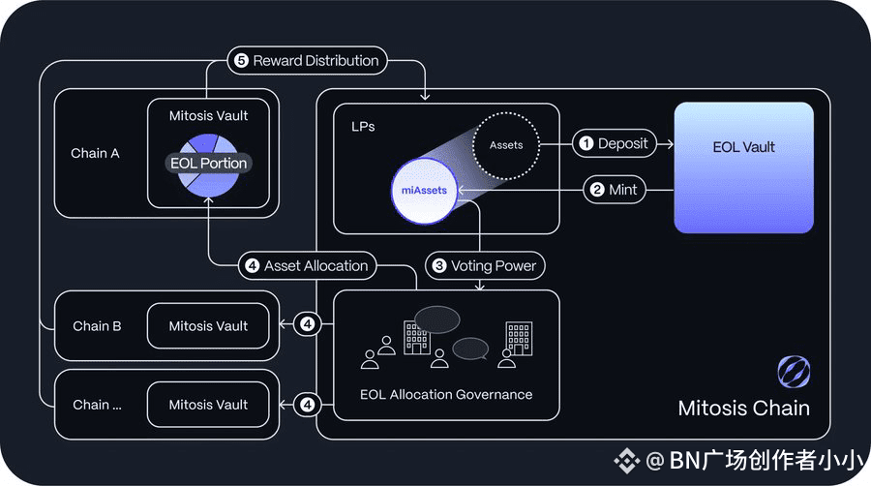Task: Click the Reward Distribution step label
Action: pyautogui.click(x=307, y=61)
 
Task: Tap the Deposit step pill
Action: pyautogui.click(x=615, y=144)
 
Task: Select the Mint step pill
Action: pyautogui.click(x=615, y=190)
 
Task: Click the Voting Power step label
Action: pyautogui.click(x=485, y=266)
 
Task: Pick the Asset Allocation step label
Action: pyautogui.click(x=307, y=266)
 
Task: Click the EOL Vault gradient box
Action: pyautogui.click(x=744, y=167)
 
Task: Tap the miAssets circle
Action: pyautogui.click(x=425, y=191)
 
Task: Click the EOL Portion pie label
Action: pyautogui.click(x=208, y=164)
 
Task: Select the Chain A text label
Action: pyautogui.click(x=95, y=153)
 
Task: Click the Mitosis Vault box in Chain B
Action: pyautogui.click(x=208, y=326)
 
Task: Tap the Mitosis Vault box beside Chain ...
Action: pyautogui.click(x=208, y=405)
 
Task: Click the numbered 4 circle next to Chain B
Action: pyautogui.click(x=307, y=323)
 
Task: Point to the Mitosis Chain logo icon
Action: pyautogui.click(x=794, y=372)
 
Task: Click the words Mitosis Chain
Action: pyautogui.click(x=744, y=409)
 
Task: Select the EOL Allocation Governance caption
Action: pyautogui.click(x=446, y=395)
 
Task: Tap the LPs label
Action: pyautogui.click(x=363, y=127)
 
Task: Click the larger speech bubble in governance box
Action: pyautogui.click(x=437, y=319)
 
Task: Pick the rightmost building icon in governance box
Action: pyautogui.click(x=519, y=338)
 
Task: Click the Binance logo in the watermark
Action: pyautogui.click(x=626, y=461)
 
